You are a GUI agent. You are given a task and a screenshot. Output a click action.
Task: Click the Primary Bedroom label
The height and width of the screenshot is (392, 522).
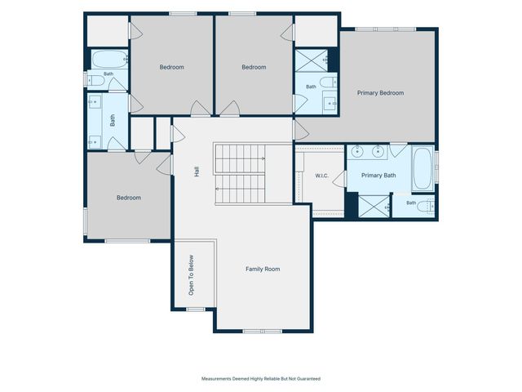tap(381, 93)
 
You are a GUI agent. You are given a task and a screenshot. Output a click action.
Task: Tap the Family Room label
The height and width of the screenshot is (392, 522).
tap(263, 269)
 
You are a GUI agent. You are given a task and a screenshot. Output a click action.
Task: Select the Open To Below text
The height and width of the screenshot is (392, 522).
tap(191, 275)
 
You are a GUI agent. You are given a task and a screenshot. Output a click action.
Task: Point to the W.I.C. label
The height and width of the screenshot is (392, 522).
tap(322, 176)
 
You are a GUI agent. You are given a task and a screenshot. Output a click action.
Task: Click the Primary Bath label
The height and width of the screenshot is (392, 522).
tap(378, 176)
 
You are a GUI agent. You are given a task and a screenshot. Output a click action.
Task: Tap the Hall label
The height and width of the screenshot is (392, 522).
tap(197, 171)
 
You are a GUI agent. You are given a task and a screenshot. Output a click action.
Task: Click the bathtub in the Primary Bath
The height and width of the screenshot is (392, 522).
tap(422, 168)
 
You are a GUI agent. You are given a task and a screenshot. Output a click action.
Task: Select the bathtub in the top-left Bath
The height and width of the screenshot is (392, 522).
tap(109, 60)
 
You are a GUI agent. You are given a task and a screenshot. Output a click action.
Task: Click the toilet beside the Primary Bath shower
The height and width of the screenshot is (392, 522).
tap(426, 207)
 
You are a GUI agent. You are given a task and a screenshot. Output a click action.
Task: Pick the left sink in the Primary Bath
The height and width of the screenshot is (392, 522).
tap(356, 152)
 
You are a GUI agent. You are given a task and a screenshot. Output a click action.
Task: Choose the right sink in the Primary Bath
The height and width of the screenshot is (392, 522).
tap(378, 152)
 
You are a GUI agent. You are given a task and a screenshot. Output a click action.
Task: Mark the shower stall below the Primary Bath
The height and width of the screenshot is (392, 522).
tap(374, 207)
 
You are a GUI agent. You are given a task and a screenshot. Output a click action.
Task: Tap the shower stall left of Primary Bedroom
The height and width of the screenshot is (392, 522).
tap(312, 60)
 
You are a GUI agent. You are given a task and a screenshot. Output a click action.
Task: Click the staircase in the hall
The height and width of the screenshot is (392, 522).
tap(240, 174)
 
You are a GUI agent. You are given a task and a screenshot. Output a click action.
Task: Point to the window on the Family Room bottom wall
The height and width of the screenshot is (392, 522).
tap(263, 332)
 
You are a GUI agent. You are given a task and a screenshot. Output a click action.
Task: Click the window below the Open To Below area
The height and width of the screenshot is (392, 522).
tap(196, 310)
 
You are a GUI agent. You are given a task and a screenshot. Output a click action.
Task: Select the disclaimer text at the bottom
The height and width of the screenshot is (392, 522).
tap(261, 379)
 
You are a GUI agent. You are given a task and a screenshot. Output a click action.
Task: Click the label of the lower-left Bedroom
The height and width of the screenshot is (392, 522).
tap(129, 198)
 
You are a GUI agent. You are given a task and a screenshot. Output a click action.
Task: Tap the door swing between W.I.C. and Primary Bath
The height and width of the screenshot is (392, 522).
tap(340, 179)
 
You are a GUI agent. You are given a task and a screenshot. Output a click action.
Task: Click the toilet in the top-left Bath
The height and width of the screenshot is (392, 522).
tap(95, 80)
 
